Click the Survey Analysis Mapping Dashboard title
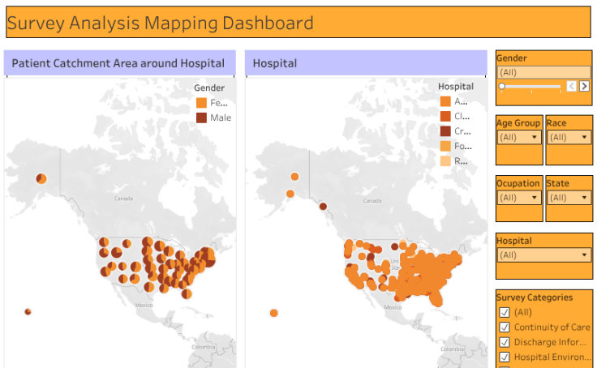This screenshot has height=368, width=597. click(160, 23)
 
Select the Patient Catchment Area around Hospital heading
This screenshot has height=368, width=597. click(118, 63)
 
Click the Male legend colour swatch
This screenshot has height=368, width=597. click(201, 118)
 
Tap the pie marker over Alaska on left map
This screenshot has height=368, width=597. click(41, 178)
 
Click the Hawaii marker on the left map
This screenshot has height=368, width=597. click(28, 311)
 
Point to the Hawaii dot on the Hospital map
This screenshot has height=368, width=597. click(274, 313)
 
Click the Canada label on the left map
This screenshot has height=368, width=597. click(122, 199)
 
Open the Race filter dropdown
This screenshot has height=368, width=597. click(569, 137)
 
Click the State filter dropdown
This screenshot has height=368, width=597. click(569, 197)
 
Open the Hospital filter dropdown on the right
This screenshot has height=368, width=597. click(544, 255)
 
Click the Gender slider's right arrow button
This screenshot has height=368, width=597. click(584, 86)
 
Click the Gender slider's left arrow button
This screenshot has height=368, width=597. click(571, 86)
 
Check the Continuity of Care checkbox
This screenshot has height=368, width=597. click(505, 327)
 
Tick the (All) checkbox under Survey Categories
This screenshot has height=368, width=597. click(505, 312)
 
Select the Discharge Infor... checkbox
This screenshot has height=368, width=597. click(505, 342)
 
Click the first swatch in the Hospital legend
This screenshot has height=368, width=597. click(445, 101)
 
